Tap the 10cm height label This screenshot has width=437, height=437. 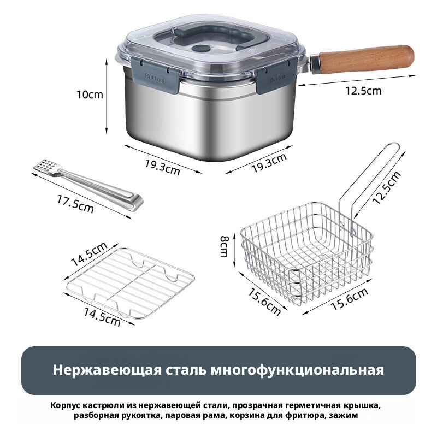point(90,95)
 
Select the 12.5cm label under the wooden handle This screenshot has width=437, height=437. point(363,91)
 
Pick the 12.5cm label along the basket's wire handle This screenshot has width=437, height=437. point(387,187)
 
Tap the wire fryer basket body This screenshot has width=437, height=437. point(306,257)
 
